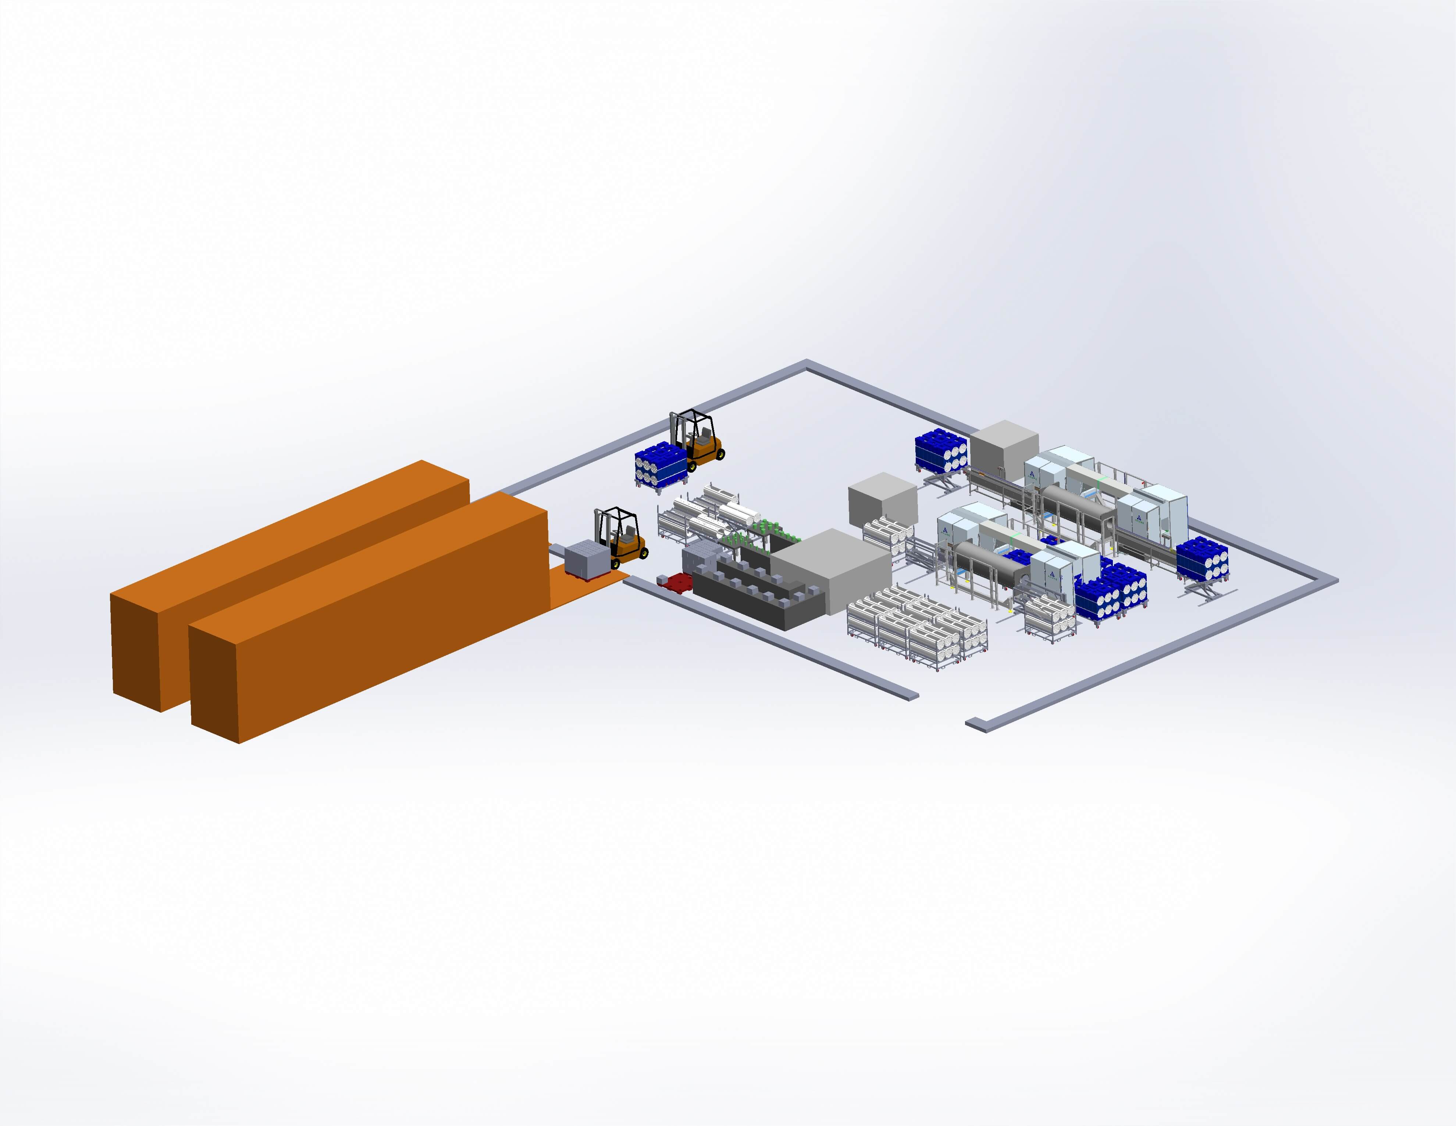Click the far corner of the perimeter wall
tap(807, 364)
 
